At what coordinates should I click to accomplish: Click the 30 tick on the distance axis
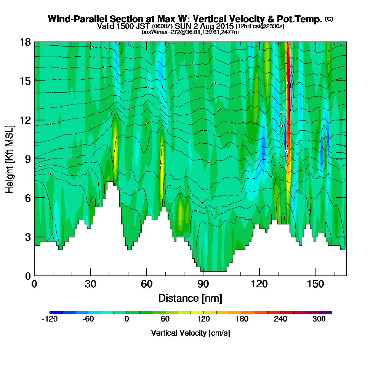tap(91, 275)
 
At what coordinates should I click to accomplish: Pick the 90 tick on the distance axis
tap(203, 275)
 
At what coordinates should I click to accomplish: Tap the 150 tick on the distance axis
tap(315, 275)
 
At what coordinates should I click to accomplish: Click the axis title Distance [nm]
tap(190, 298)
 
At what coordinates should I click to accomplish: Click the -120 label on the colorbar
tap(49, 320)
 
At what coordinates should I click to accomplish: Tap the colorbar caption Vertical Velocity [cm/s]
tap(190, 333)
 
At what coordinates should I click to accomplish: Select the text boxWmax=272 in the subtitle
tap(156, 32)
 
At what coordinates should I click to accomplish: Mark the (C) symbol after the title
tap(329, 19)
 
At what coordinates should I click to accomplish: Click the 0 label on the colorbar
tap(126, 320)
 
